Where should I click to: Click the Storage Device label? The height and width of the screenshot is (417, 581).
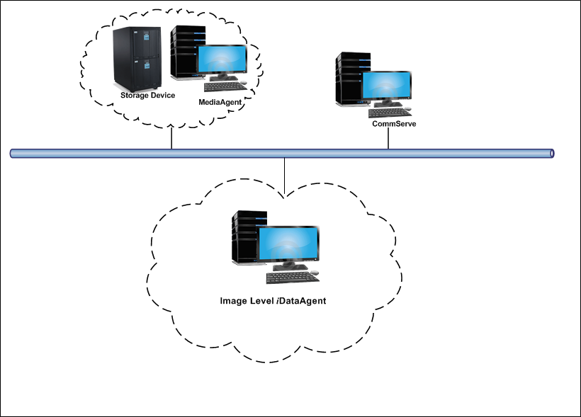click(147, 95)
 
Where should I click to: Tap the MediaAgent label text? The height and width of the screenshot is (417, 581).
click(221, 102)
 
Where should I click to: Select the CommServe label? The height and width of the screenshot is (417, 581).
click(394, 124)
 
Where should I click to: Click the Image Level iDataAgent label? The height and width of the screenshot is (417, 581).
click(273, 301)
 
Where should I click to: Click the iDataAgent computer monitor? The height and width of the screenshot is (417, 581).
click(287, 244)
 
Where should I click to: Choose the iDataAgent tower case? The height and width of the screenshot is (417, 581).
click(245, 241)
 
